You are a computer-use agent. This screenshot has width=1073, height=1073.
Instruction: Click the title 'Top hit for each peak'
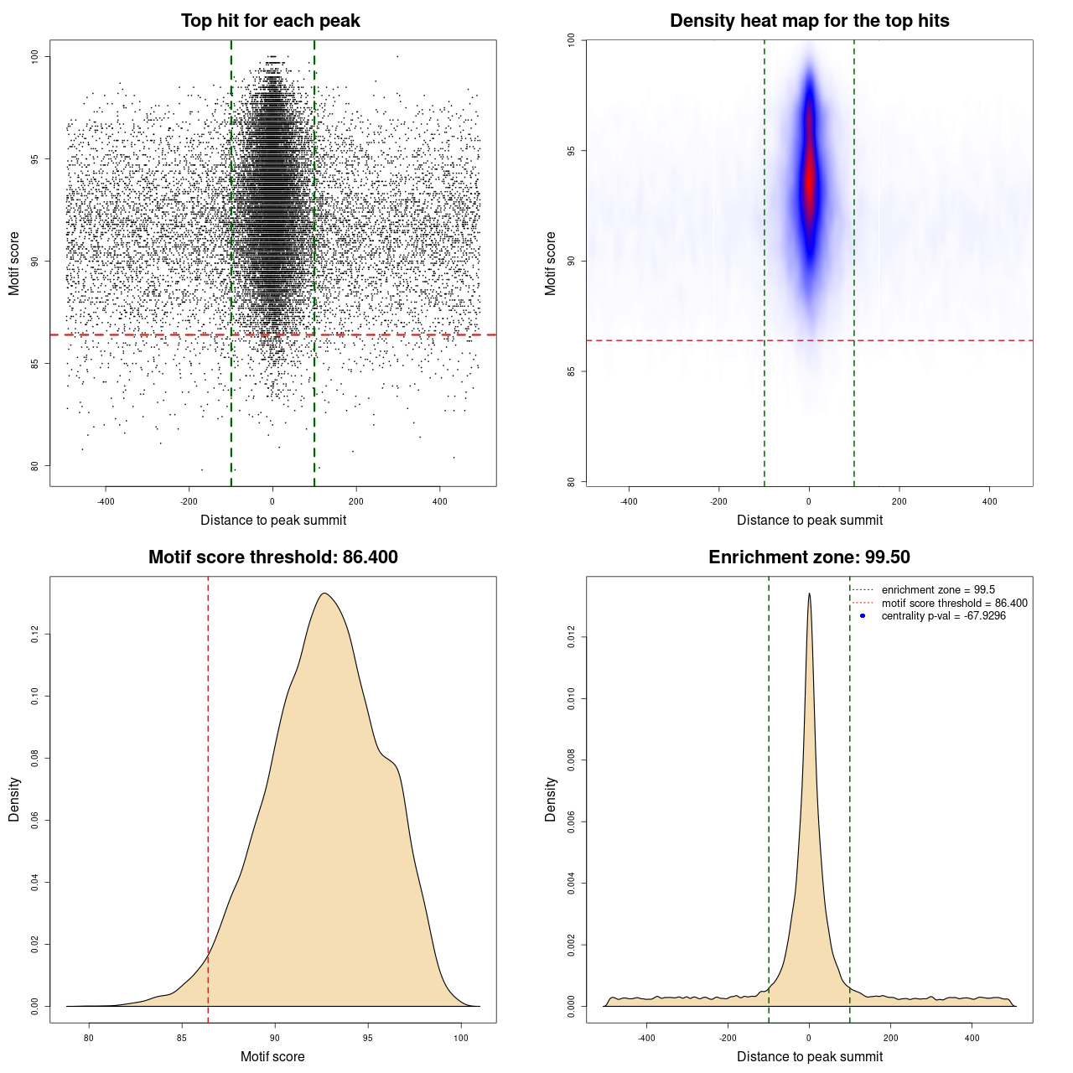pos(270,21)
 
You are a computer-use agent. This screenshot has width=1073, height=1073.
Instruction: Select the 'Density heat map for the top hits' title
pos(809,21)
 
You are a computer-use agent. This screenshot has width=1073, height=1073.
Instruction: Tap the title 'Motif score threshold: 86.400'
pos(272,557)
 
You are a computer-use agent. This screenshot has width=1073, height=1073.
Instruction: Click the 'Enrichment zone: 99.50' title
pos(809,557)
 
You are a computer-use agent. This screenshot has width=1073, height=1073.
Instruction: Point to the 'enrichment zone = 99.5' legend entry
pos(938,590)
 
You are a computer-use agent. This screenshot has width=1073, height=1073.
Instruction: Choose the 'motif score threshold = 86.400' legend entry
pos(954,604)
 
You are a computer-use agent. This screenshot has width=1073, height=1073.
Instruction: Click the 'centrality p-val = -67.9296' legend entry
pos(943,616)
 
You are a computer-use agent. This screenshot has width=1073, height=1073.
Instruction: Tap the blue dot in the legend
pos(863,616)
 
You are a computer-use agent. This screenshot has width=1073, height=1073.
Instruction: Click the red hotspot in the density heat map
pos(809,180)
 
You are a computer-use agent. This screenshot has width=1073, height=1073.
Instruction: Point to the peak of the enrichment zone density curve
pos(809,594)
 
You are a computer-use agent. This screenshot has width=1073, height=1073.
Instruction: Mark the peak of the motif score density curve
pos(324,594)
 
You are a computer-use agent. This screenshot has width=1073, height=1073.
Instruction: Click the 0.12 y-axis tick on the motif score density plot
pos(35,635)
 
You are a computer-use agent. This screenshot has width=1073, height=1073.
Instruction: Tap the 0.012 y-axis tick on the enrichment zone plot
pos(572,638)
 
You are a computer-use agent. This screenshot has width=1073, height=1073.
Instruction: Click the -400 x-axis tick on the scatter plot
pos(106,502)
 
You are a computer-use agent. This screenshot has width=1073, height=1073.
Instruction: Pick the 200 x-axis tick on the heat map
pos(899,502)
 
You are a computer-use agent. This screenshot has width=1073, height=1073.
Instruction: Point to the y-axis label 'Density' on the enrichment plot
pos(551,799)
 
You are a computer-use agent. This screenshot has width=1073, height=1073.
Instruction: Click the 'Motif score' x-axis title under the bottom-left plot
pos(272,1056)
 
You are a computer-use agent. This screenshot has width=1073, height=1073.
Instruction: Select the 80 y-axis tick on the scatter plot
pos(35,466)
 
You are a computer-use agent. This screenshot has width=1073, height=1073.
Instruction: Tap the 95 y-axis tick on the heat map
pos(572,151)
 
